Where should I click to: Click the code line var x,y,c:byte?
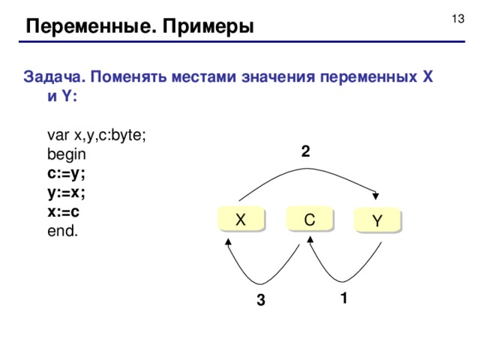[x=97, y=135]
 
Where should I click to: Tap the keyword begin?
[x=67, y=154]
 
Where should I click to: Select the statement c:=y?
[x=67, y=173]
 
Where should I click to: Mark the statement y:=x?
[x=67, y=193]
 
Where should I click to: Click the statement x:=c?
[x=64, y=212]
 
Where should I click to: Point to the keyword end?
[x=62, y=232]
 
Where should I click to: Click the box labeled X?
[x=240, y=220]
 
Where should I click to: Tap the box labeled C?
[x=309, y=219]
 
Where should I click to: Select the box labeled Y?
[x=377, y=220]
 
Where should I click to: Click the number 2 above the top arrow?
[x=305, y=151]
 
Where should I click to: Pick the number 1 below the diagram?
[x=342, y=298]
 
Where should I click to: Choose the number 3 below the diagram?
[x=259, y=301]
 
